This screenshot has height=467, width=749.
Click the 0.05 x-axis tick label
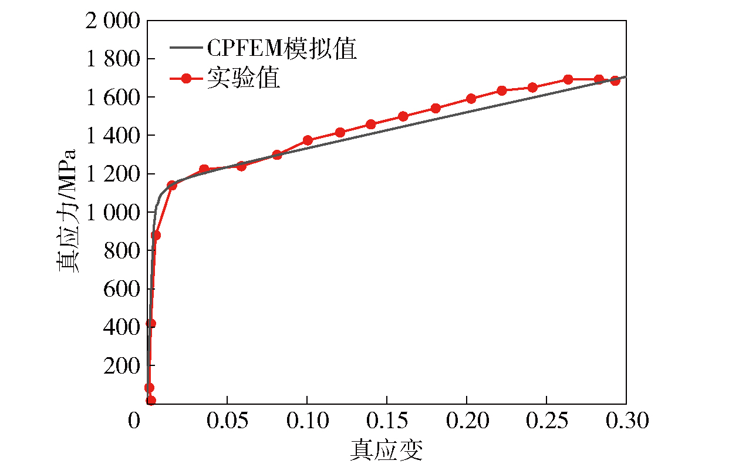coord(227,421)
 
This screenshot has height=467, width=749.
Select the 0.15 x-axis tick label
coord(386,421)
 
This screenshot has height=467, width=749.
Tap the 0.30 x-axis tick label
coord(626,421)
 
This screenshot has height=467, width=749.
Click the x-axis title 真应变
coord(386,451)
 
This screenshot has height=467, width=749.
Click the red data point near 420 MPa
coord(151,323)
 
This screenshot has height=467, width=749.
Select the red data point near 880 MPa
coord(156,235)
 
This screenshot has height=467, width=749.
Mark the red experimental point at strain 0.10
coord(308,140)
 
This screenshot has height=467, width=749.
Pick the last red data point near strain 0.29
coord(615,80)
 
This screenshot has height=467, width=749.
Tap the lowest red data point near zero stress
coord(151,401)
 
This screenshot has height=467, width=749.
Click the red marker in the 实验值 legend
coord(186,79)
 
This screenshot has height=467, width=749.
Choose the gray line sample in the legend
coord(186,49)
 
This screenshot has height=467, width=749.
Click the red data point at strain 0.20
coord(471,99)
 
